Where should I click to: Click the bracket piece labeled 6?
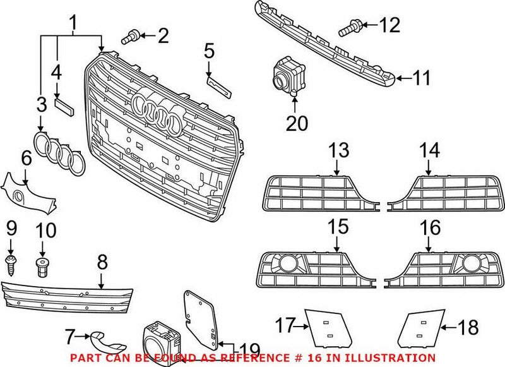click(x=28, y=191)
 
